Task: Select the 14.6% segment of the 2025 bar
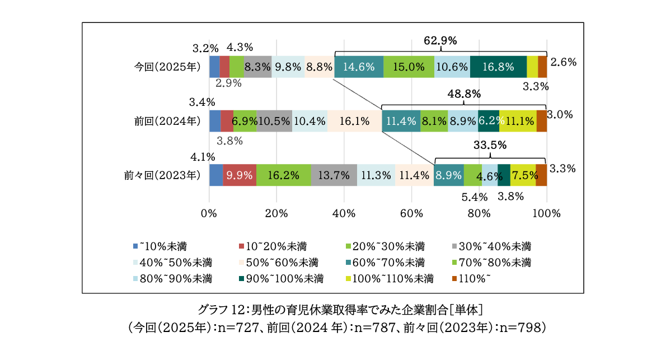[x=359, y=67]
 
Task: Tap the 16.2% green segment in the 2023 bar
[x=283, y=175]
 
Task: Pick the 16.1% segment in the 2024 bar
[x=354, y=121]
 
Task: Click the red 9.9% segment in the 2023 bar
[x=240, y=175]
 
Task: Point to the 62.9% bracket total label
[x=440, y=40]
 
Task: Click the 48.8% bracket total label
[x=464, y=94]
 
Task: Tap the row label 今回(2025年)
[x=167, y=67]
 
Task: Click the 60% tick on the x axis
[x=411, y=213]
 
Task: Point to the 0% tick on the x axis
[x=209, y=213]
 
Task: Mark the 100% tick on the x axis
[x=546, y=213]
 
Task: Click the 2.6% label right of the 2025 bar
[x=563, y=62]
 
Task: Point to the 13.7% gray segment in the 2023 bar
[x=334, y=175]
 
